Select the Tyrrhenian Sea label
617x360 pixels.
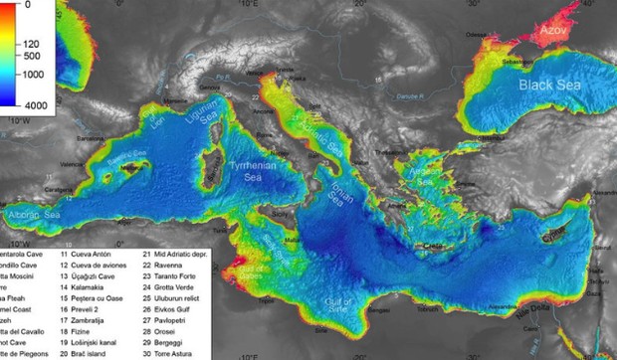point(253,168)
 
